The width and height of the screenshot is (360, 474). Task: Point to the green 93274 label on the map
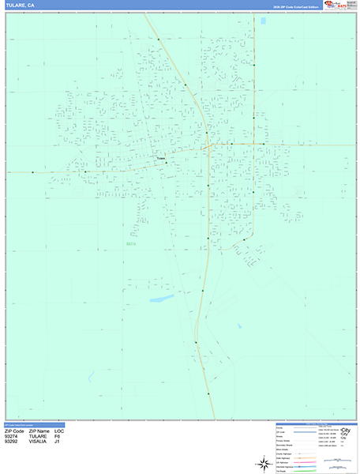click(131, 244)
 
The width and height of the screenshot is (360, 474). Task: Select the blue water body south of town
click(162, 299)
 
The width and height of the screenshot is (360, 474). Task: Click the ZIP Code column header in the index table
click(15, 431)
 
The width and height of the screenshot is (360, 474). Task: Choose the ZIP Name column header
click(39, 431)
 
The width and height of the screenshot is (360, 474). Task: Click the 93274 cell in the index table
click(13, 436)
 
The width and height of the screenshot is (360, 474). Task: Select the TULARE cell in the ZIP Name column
click(39, 436)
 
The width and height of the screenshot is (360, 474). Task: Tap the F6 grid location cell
click(57, 436)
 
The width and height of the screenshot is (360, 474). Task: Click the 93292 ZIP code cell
click(13, 442)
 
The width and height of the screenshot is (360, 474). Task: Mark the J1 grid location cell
click(57, 442)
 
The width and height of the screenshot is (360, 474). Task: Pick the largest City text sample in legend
click(343, 431)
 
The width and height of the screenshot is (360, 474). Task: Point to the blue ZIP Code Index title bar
click(32, 424)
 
